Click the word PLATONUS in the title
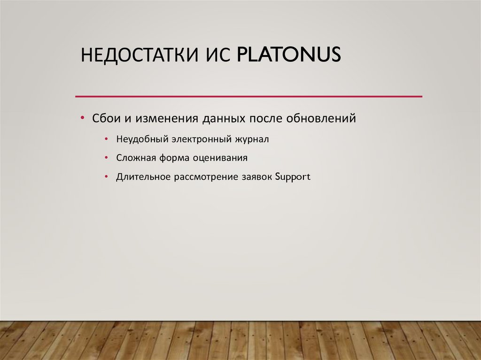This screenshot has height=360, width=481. tap(288, 55)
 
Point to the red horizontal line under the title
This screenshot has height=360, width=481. tap(249, 96)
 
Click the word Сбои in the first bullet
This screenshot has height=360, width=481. tap(106, 118)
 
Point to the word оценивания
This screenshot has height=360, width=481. tap(219, 158)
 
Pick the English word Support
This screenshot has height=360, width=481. tap(293, 178)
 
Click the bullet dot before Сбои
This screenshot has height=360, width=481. tap(82, 118)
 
